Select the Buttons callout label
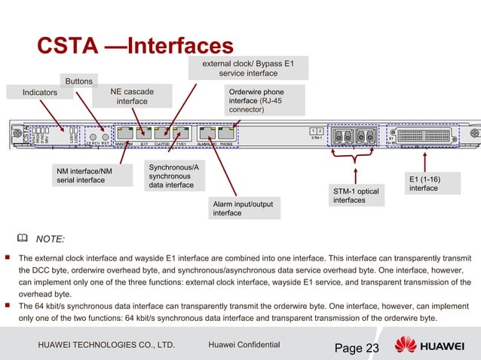click(x=79, y=81)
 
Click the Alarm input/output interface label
click(x=244, y=208)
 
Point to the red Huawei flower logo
click(x=406, y=346)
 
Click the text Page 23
click(x=356, y=347)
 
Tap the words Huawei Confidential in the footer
click(x=243, y=345)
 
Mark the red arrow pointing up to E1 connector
click(x=426, y=162)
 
